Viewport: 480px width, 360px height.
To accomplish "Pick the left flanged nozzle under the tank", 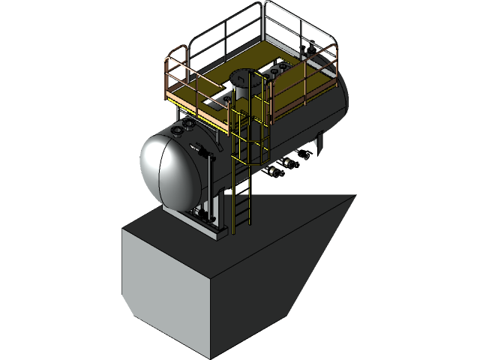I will (x=274, y=172).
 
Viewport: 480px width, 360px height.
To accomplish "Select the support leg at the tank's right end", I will (x=320, y=142).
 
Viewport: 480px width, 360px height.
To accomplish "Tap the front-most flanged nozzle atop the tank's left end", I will (x=178, y=132).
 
